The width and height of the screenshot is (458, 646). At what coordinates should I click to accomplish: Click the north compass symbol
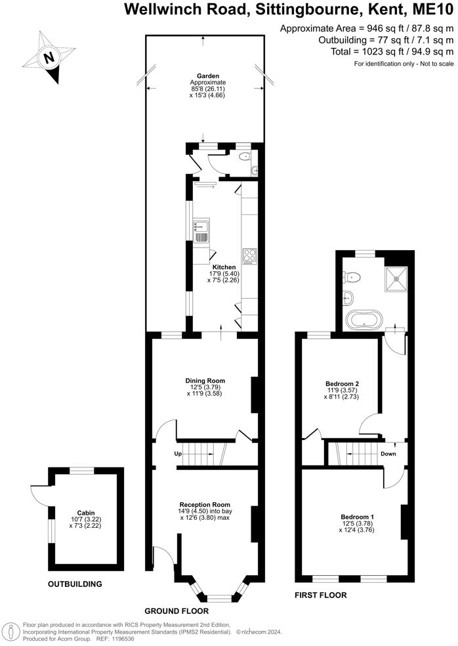[x=48, y=58]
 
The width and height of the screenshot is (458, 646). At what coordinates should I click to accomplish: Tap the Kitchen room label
[x=223, y=267]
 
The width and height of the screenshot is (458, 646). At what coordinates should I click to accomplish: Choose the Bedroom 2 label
[x=342, y=383]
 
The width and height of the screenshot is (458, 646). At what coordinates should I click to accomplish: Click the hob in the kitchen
[x=250, y=255]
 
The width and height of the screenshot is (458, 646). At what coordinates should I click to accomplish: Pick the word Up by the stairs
[x=177, y=454]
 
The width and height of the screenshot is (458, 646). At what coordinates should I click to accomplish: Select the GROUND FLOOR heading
[x=173, y=609]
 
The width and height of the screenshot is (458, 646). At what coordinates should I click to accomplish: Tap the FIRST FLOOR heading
[x=322, y=595]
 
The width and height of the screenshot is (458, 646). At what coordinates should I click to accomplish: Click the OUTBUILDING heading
[x=75, y=584]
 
